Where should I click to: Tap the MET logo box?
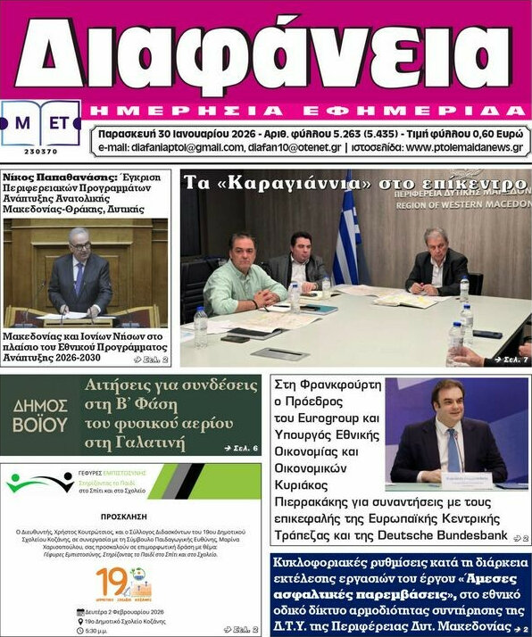(41, 124)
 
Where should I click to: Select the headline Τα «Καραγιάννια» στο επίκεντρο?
(353, 183)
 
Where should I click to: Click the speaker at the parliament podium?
(79, 272)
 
